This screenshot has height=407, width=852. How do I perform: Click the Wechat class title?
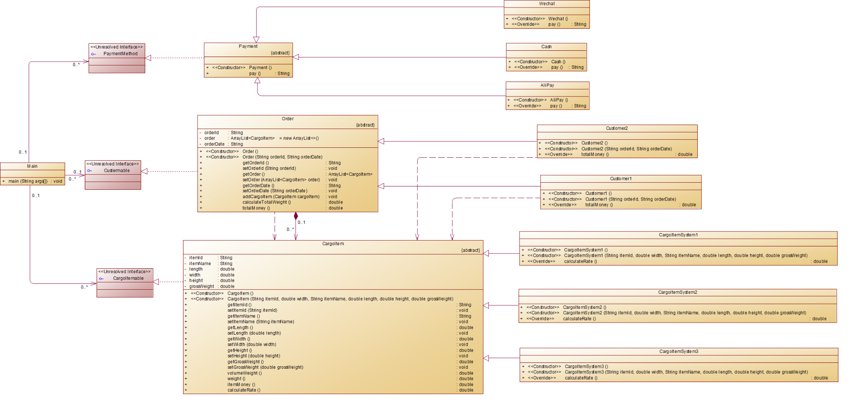coord(547,4)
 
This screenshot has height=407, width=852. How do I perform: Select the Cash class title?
coord(546,47)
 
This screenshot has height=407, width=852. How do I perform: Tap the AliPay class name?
coord(547,85)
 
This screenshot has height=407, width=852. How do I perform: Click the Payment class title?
coord(248,46)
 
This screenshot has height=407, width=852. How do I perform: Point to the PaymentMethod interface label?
coord(120,54)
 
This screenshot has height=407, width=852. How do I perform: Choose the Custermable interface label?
coord(116,171)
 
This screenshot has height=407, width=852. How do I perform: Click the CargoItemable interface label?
coord(128,278)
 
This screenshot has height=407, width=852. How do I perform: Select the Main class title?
coord(32,166)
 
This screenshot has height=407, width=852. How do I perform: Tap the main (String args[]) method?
coord(28,181)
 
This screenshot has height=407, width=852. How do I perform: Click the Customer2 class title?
coord(617,128)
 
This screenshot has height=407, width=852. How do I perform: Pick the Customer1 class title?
coord(621,179)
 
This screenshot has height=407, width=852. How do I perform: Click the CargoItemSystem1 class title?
coord(678,235)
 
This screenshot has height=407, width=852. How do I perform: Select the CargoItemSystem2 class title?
coord(677,292)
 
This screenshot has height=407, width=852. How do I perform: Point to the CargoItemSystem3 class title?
coord(679,351)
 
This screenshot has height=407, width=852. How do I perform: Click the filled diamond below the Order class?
coord(296,216)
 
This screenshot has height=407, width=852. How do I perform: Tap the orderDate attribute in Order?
coord(214,144)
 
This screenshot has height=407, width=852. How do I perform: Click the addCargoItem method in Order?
coord(281,196)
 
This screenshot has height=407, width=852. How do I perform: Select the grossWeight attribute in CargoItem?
coord(202,286)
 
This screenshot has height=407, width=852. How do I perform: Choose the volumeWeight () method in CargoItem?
coord(244,373)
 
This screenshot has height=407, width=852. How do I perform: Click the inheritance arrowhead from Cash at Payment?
coord(296,57)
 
